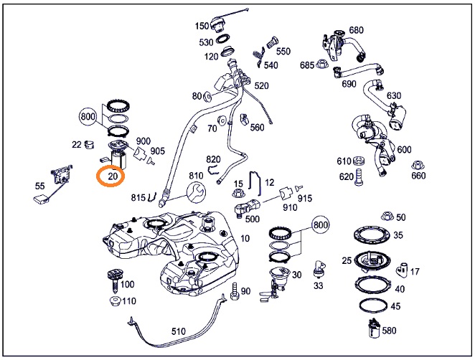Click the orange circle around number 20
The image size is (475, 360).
pos(112,176)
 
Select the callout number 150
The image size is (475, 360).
pos(202,27)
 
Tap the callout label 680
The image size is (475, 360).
pos(357,30)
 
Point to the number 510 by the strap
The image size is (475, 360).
pos(178,331)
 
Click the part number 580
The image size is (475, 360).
pos(390,331)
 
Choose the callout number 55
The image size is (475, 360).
pos(39,186)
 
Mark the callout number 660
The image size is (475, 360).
pos(418,176)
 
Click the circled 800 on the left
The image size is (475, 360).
pos(88,116)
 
